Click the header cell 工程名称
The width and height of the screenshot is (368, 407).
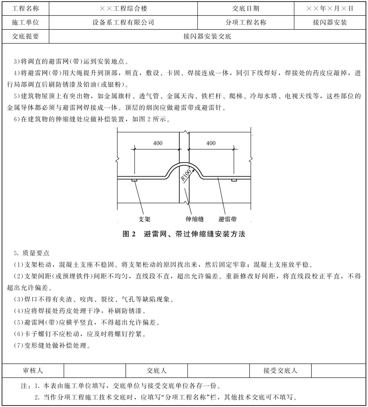[25, 8]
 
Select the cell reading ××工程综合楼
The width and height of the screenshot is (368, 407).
[123, 8]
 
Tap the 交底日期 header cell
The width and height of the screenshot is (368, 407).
[245, 8]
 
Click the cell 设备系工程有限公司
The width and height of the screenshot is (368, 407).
[123, 22]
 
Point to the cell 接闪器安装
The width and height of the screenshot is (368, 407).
[330, 22]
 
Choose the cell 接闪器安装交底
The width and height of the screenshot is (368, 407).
[207, 36]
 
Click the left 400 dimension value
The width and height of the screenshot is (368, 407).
[158, 143]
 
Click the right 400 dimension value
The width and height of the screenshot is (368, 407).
[211, 143]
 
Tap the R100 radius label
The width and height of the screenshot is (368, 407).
[186, 175]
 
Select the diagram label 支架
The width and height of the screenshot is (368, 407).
[144, 219]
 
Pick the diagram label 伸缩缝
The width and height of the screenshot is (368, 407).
[194, 219]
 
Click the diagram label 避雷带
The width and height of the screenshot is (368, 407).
[227, 219]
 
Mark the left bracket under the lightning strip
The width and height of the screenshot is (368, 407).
[134, 180]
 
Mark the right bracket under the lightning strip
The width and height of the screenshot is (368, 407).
[234, 180]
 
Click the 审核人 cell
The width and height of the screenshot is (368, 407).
[33, 371]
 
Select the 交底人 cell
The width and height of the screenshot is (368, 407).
[157, 371]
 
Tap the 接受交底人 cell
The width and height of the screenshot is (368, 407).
[280, 371]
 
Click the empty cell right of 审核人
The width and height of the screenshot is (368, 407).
[95, 371]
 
